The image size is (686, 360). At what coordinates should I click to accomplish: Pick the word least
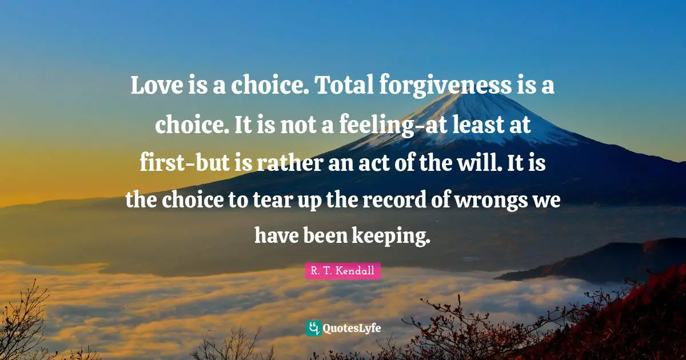(x=479, y=123)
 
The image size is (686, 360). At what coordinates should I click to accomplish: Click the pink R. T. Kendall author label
(x=343, y=271)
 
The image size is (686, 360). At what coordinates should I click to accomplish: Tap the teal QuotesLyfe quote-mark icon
(x=313, y=328)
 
